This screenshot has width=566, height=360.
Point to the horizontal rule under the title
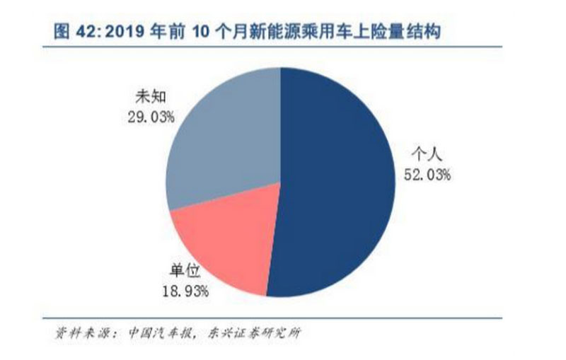[283, 47]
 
